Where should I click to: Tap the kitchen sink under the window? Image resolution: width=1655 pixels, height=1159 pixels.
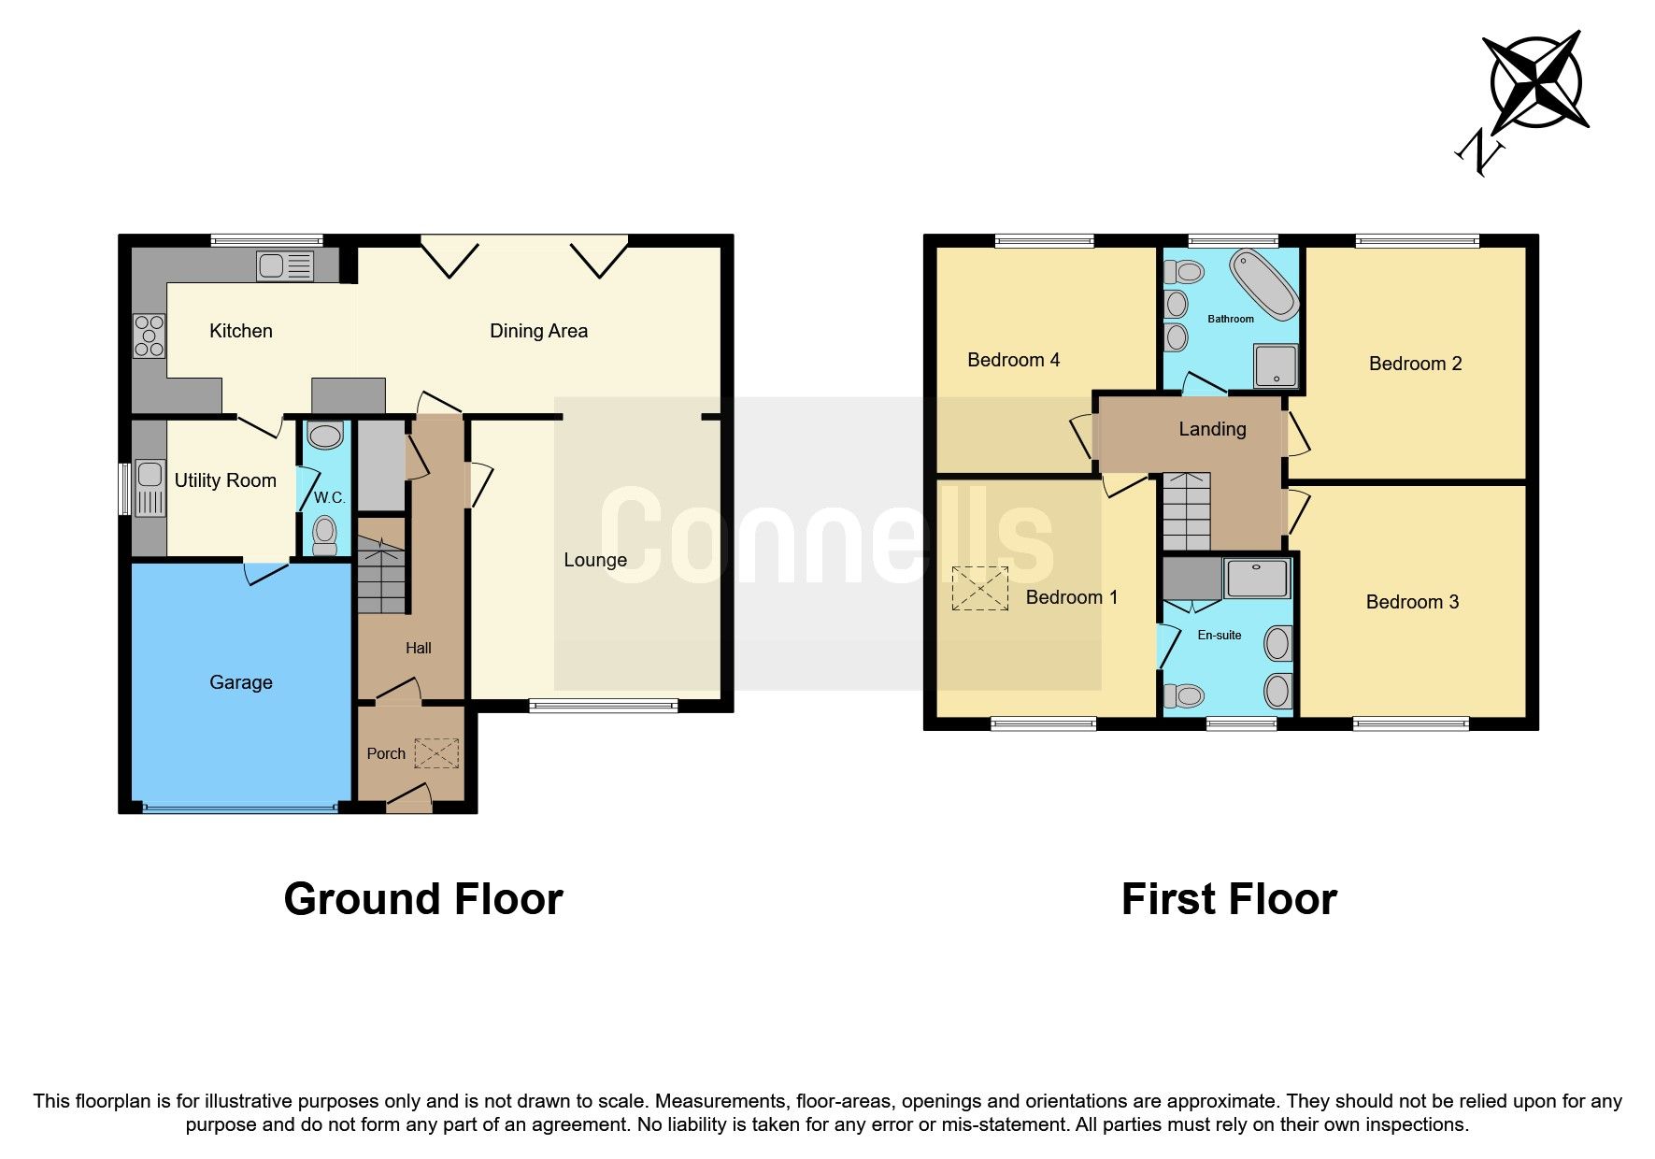pos(285,266)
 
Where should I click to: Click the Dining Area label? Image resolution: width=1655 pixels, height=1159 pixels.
pos(538,331)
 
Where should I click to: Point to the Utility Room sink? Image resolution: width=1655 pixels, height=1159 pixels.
pos(150,487)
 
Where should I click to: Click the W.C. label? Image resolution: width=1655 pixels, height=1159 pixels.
pos(329,497)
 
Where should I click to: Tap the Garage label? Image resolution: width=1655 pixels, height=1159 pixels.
pos(241,682)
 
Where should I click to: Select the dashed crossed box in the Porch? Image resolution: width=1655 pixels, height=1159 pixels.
pos(436,753)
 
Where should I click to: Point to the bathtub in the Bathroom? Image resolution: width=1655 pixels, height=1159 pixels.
pos(1263,283)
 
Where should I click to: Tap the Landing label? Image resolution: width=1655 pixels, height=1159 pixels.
pos(1212,429)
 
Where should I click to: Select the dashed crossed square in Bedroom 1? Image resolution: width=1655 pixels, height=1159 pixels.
pos(979,589)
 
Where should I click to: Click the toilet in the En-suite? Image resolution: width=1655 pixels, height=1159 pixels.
pos(1184,696)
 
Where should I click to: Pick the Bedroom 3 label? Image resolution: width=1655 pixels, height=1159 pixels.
pos(1412,602)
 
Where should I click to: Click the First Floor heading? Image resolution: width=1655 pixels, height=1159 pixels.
pos(1229,899)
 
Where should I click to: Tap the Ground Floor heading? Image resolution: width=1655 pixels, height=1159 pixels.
pos(423,899)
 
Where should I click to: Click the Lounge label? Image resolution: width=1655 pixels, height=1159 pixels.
pos(595,560)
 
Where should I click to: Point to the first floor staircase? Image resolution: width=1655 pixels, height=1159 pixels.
pos(1186,511)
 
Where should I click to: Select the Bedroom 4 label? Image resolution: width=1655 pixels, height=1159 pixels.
pos(1013,360)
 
